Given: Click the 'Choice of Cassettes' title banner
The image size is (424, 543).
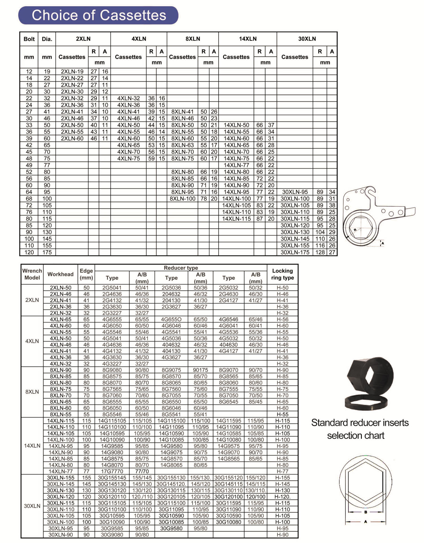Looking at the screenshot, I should pos(98,15).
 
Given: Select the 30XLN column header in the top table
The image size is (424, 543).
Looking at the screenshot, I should pos(307,39).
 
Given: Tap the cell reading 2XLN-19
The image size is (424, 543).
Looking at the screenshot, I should pos(72,71).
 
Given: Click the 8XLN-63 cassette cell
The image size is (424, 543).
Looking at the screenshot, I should pos(183,145).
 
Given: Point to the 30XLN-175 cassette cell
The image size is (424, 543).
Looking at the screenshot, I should pos(295,252).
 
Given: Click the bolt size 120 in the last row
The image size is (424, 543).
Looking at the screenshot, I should pos(29,252).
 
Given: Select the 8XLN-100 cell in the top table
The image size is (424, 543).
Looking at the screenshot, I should pos(183,199).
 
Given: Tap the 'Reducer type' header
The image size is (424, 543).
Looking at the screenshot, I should pos(181,268).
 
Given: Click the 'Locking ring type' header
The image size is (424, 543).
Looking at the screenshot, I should pos(282,274).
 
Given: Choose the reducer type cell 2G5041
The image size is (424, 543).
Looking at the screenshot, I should pos(112,288).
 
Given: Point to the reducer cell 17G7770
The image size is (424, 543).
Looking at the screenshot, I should pos(112,471).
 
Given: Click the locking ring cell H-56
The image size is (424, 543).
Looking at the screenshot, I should pos(282,319).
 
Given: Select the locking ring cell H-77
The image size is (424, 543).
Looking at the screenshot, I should pos(282,471).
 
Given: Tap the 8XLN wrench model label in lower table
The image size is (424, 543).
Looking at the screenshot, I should pos(32,392).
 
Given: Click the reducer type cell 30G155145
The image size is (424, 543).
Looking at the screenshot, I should pos(112,478).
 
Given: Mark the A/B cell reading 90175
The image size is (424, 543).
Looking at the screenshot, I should pos(200,370).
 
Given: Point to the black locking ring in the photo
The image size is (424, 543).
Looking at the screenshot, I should pos(366,402).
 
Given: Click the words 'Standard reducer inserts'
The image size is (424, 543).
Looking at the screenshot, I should pos(360,423).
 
